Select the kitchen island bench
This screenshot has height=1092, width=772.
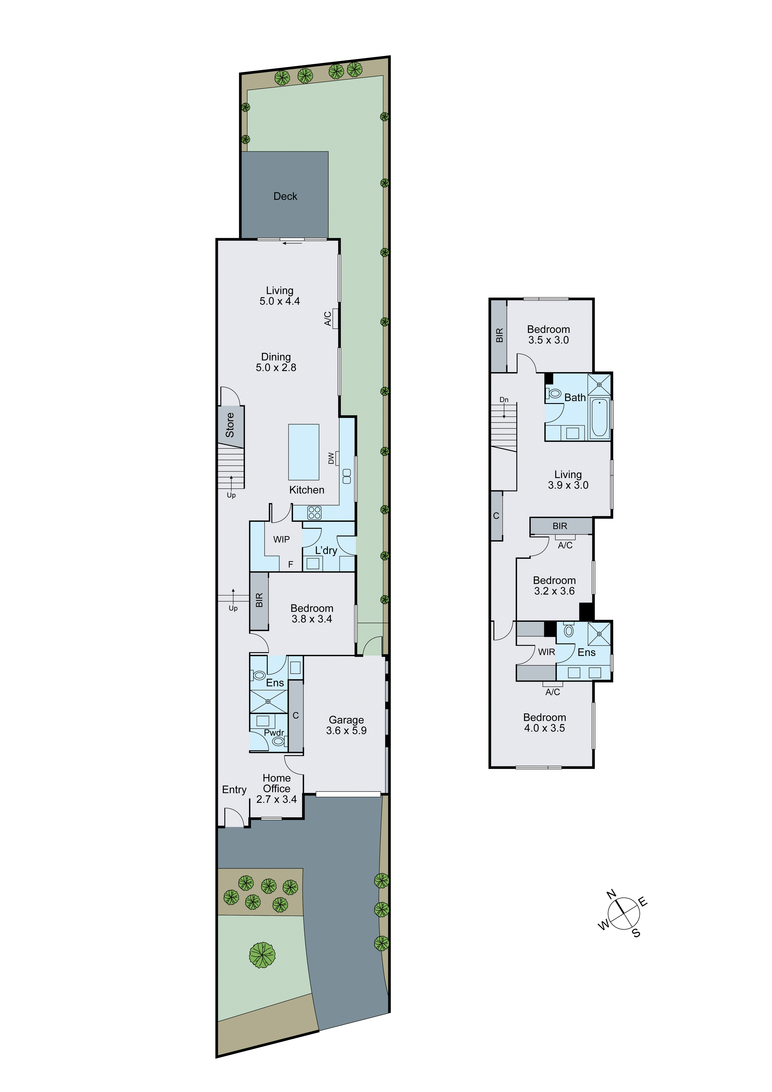[303, 452]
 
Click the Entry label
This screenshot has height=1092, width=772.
[234, 789]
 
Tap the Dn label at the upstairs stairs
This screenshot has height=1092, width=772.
[504, 400]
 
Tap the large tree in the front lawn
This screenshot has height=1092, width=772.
[262, 955]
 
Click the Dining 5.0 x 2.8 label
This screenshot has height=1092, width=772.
[276, 362]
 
